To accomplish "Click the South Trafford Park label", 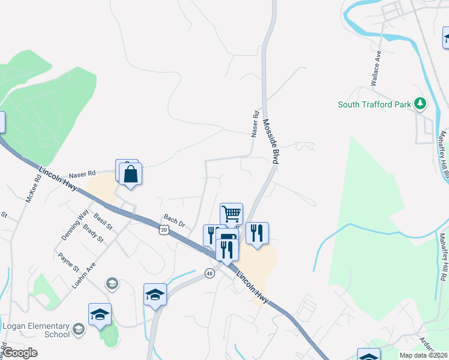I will [374, 104].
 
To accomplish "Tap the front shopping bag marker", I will [130, 175].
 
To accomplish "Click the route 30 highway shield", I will [164, 229].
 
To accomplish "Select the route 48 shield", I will [209, 273].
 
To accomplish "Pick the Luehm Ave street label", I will [83, 274].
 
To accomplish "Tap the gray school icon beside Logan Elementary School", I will [79, 329].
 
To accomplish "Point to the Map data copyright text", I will [423, 355].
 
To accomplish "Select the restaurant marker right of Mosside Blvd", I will [257, 233].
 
